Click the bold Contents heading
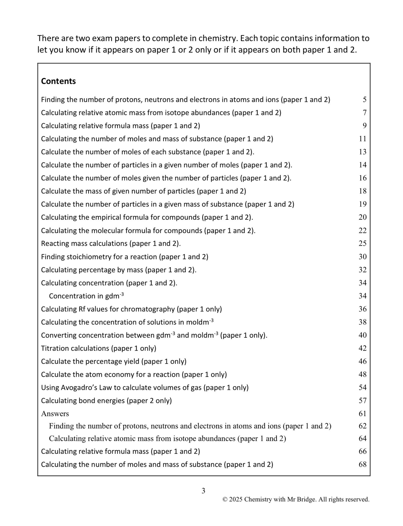click(58, 81)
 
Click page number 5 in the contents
click(364, 100)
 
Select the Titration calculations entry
click(99, 348)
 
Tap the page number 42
click(362, 348)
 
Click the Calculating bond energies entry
click(106, 401)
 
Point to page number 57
click(362, 401)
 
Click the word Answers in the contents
click(55, 413)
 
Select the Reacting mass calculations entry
click(111, 243)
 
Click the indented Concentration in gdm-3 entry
click(86, 296)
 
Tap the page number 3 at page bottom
click(203, 491)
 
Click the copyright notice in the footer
click(296, 499)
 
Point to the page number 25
click(362, 243)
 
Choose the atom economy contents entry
click(134, 374)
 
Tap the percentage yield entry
click(114, 361)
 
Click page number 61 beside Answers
click(362, 413)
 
